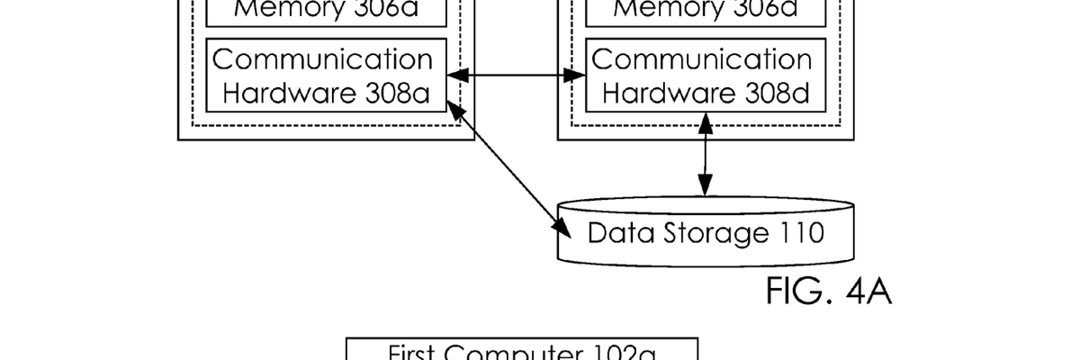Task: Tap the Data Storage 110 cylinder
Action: point(705,231)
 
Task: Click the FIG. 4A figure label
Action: point(829,292)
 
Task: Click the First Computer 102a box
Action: point(523,351)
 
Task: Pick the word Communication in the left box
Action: point(322,59)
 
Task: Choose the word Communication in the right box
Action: point(702,59)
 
